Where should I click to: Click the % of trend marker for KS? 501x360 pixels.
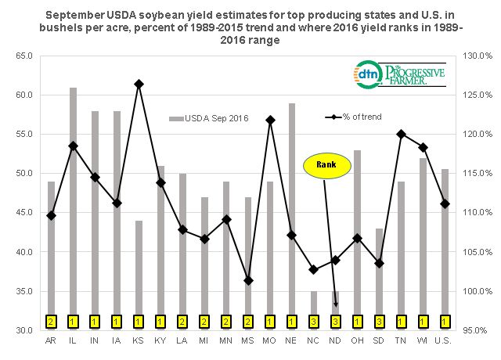(139, 84)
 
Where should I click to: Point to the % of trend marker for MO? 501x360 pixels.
(270, 120)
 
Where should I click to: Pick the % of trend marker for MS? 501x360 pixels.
(248, 280)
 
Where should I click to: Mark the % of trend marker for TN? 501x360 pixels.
(401, 134)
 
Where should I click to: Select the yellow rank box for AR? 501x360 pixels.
(51, 321)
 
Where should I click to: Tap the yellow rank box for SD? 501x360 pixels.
(379, 321)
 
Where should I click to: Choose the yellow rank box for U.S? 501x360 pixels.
(445, 321)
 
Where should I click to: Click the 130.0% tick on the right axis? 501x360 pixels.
(476, 56)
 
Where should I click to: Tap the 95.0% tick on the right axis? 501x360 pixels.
(474, 331)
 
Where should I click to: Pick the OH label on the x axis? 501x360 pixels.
(358, 342)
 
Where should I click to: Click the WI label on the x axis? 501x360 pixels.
(423, 342)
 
